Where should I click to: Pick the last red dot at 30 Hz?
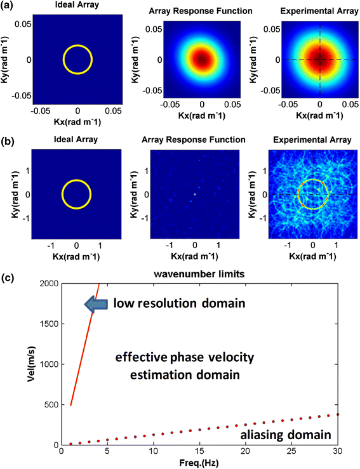coord(338,414)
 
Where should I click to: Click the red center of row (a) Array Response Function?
coord(201,60)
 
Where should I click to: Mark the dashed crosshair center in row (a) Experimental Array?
coord(320,60)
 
